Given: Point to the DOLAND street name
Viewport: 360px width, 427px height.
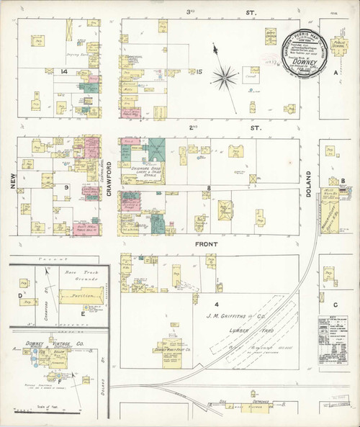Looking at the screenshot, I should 309,183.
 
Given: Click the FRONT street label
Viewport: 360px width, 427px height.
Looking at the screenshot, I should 209,244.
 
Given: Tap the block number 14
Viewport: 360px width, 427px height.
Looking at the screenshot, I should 64,71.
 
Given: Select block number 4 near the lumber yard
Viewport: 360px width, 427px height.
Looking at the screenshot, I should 215,287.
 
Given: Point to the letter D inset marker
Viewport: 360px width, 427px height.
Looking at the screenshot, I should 20,295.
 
